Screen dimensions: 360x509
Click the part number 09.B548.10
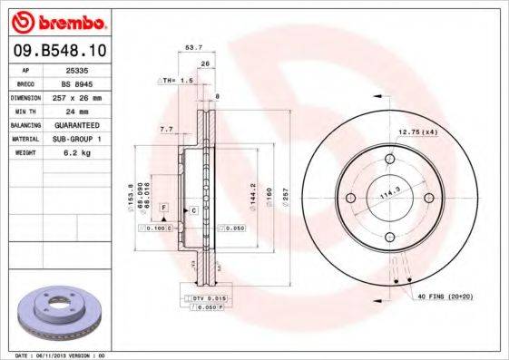(58, 47)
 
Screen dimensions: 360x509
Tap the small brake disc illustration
(57, 313)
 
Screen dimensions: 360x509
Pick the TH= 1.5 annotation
(176, 81)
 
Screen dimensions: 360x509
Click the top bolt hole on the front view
(390, 161)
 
